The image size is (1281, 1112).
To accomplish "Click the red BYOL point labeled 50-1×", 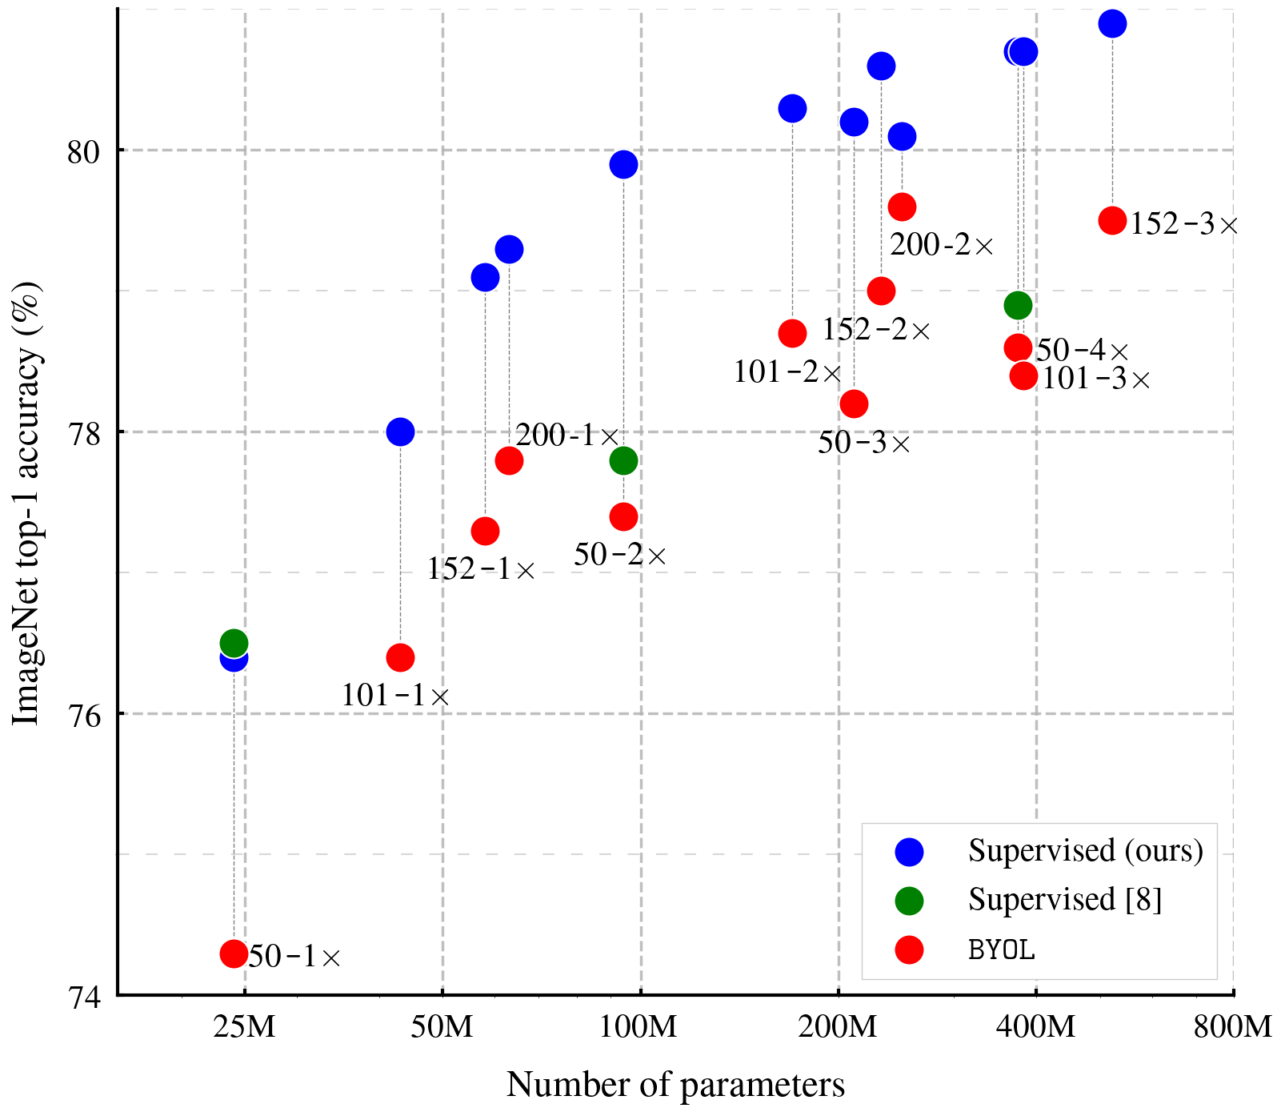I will tap(234, 953).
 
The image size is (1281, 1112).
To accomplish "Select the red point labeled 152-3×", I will tap(1112, 220).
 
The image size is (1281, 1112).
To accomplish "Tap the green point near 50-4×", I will tap(1018, 305).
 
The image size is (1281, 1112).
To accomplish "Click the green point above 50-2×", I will tap(623, 460).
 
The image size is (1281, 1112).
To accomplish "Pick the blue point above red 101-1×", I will tap(400, 432).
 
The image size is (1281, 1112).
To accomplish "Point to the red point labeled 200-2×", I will tap(902, 207).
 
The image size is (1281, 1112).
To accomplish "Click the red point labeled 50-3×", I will tap(854, 403).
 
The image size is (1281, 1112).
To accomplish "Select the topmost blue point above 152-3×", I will tap(1112, 24).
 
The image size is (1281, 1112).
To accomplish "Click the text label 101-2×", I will tap(787, 372).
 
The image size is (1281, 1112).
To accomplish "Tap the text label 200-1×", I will tap(566, 436).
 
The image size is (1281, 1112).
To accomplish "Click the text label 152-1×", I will tap(480, 569).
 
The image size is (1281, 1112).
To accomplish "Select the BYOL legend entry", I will tap(1001, 949).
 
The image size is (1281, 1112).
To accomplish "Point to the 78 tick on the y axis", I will tap(88, 432).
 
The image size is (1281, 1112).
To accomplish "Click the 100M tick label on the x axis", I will tap(639, 1026).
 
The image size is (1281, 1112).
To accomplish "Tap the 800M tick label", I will tap(1232, 1026).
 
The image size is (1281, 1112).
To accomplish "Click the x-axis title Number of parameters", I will tap(675, 1085).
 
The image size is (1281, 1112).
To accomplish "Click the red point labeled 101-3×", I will tap(1023, 375).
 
